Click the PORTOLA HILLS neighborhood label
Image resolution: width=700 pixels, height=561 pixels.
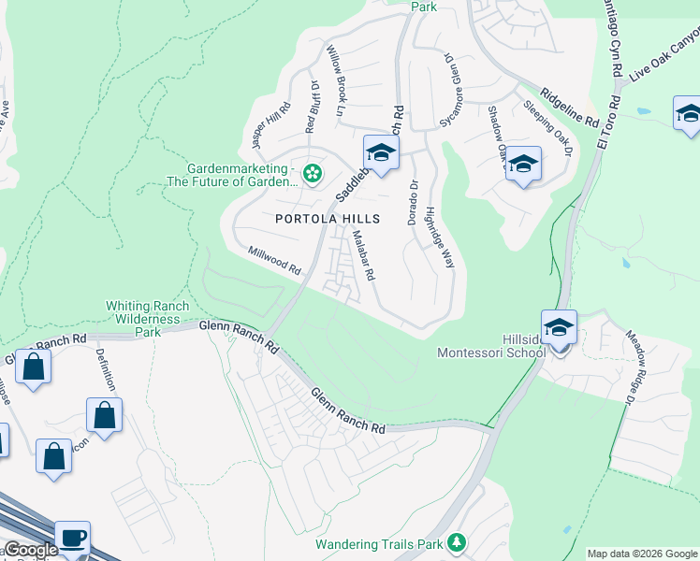coord(328,218)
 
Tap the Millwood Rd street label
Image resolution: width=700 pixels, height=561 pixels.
coord(274,260)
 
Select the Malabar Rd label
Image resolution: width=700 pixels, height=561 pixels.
coord(362,257)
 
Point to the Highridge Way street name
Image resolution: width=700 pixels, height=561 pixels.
coord(440,237)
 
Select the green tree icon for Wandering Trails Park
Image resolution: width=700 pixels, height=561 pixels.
coord(457,541)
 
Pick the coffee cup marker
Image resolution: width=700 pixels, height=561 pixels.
coord(73,539)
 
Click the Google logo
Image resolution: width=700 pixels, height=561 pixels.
coord(30,550)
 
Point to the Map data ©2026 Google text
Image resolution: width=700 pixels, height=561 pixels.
coord(642,554)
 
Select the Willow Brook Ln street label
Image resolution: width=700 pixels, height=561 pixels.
coord(336,79)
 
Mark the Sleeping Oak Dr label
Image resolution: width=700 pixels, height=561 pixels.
coord(547,125)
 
